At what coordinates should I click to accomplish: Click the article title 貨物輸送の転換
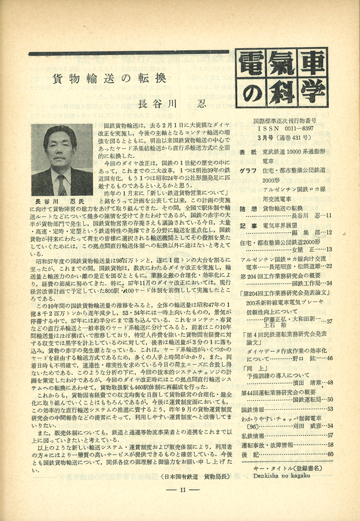pyautogui.click(x=109, y=77)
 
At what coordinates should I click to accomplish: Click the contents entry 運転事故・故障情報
pyautogui.click(x=269, y=444)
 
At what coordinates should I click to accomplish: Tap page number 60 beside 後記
pyautogui.click(x=330, y=454)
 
